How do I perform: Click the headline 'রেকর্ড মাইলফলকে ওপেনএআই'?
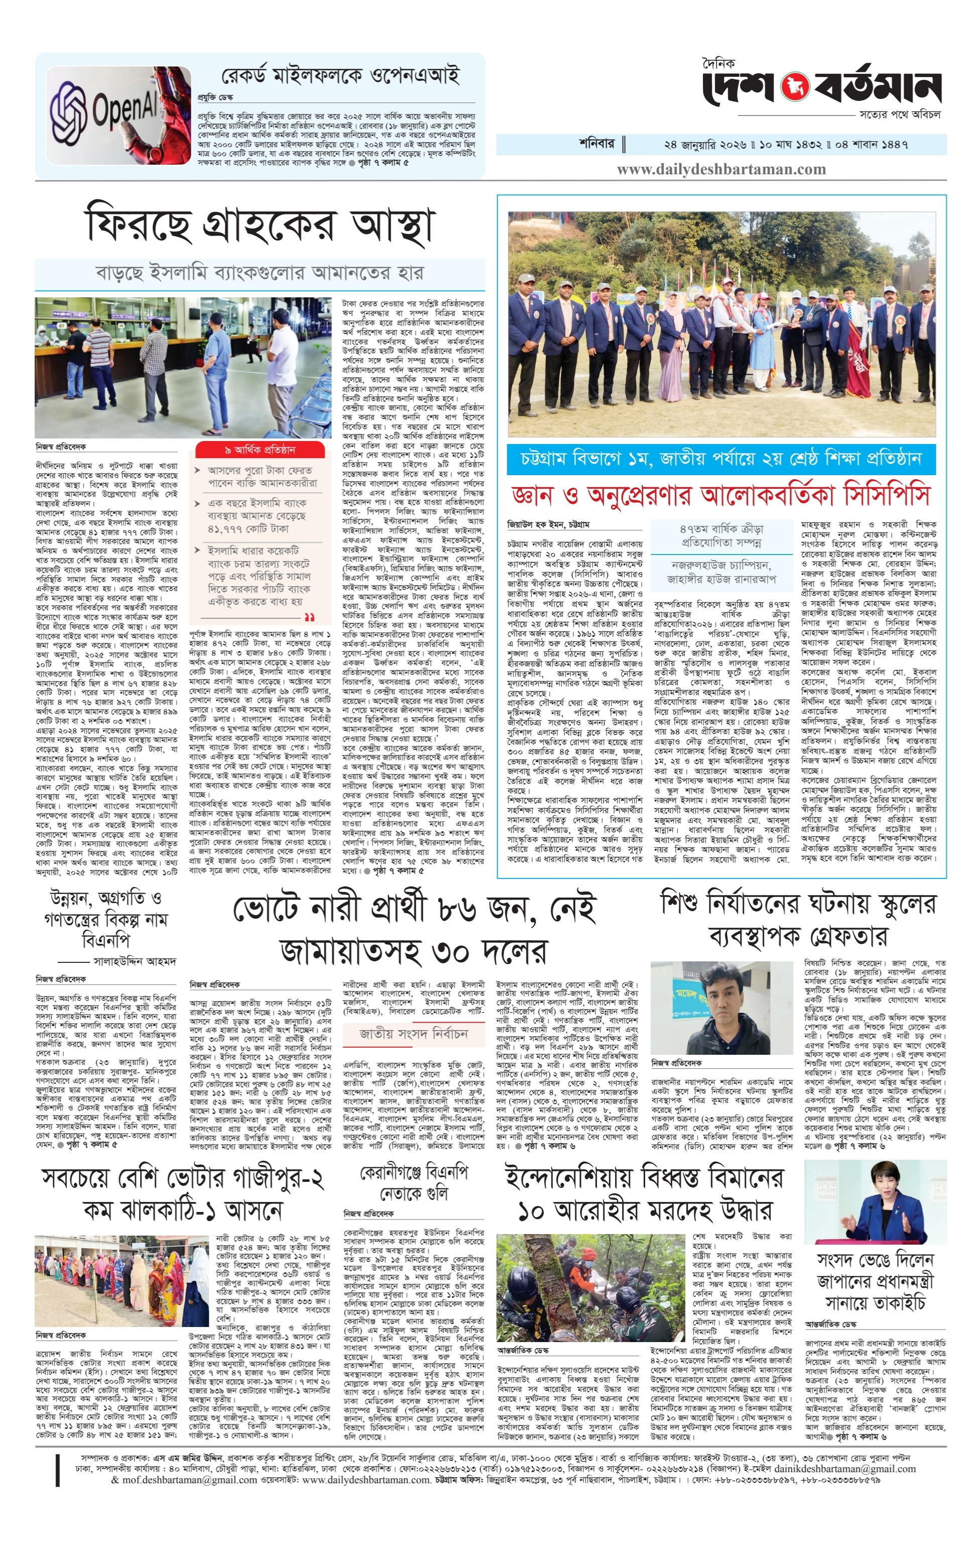[340, 76]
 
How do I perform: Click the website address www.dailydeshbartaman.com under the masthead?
[721, 170]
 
